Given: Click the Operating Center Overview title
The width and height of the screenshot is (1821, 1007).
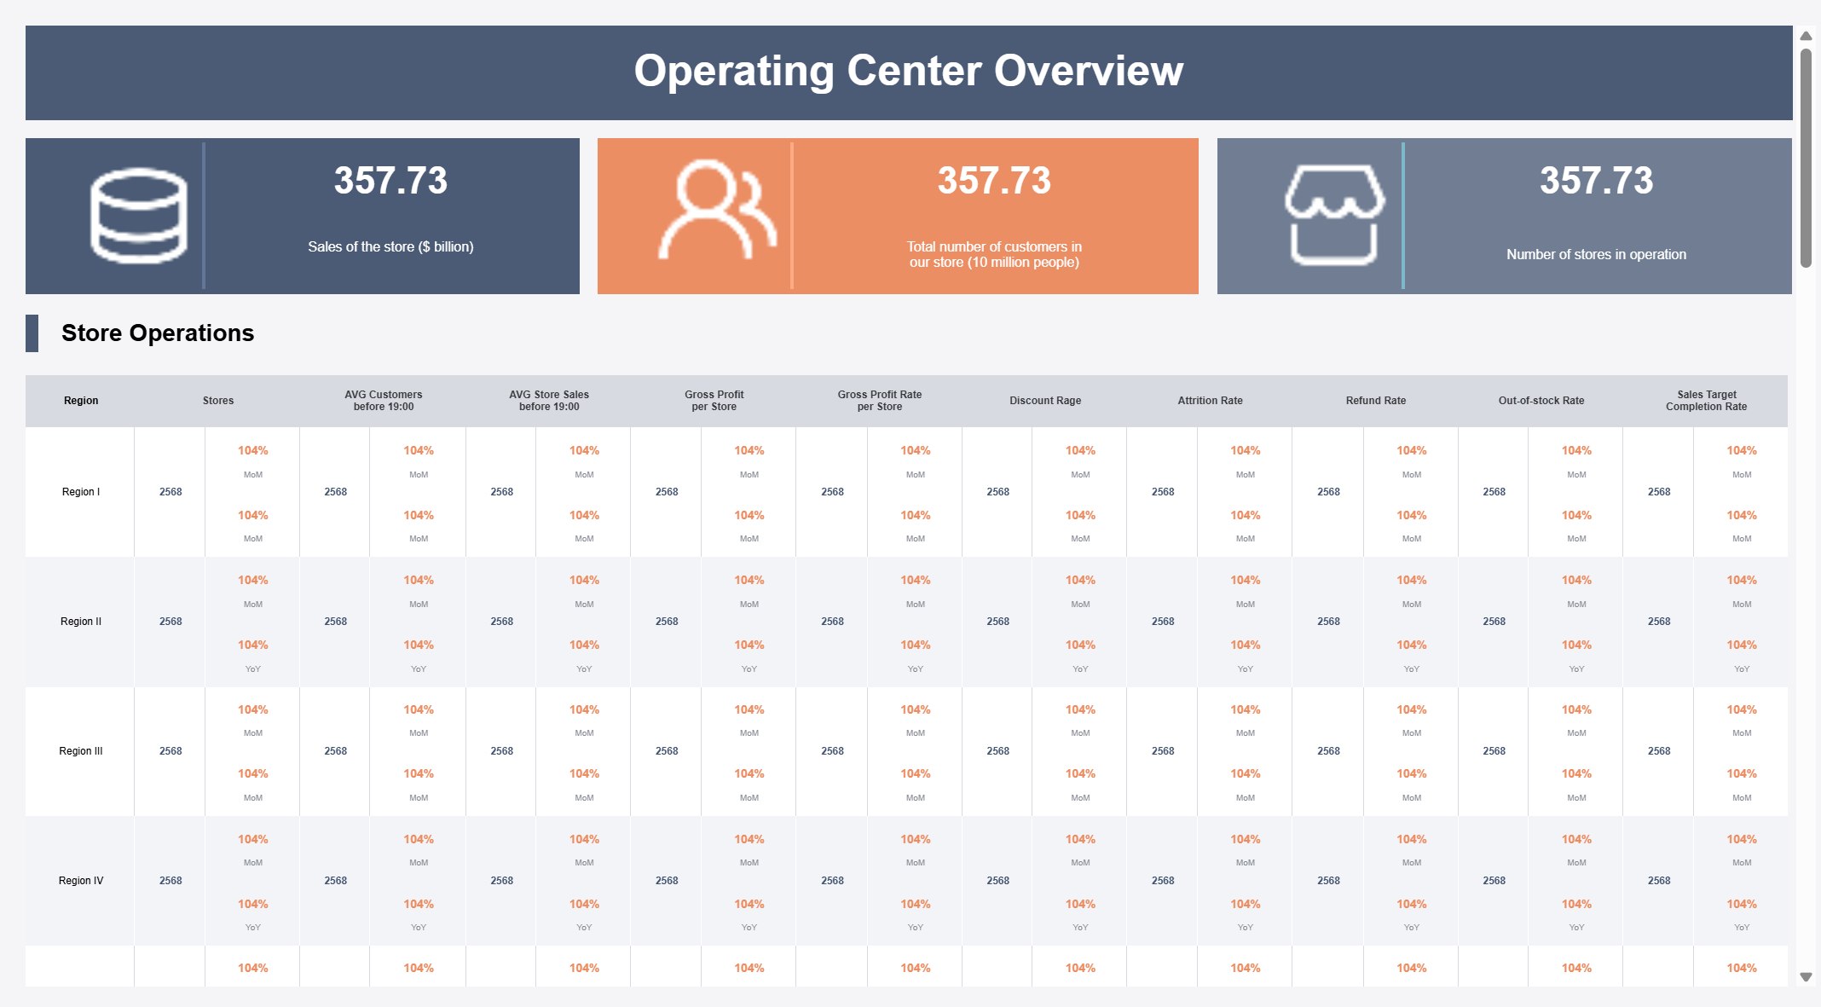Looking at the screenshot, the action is coord(908,71).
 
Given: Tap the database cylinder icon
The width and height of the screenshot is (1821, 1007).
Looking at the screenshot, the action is coord(139,216).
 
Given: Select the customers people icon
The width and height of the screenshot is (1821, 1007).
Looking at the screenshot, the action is coord(717,210).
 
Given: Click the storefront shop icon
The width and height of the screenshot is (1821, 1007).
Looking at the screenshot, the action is coord(1334,215).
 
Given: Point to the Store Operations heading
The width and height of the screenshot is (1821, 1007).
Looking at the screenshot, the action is coord(158,333).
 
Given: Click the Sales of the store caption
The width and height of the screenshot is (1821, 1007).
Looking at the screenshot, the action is coord(390,246).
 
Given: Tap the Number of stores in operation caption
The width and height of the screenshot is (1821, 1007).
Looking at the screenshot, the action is coord(1596,254).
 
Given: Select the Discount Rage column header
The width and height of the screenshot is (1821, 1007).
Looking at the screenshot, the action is coord(1045,401).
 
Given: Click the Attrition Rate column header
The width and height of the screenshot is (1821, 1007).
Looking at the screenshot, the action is coord(1210,401).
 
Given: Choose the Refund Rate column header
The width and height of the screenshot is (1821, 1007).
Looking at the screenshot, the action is coord(1376,401).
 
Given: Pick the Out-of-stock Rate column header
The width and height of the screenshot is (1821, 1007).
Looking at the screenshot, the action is coord(1541,401).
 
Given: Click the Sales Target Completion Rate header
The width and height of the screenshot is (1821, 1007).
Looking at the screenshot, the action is coord(1707,401).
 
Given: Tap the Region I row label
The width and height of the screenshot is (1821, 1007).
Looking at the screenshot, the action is coord(81,492).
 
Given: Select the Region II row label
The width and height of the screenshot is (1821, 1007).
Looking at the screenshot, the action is coord(81,622).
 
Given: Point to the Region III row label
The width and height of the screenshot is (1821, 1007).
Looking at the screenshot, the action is coord(81,751).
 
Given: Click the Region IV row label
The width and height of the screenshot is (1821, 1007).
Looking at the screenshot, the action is coord(81,881).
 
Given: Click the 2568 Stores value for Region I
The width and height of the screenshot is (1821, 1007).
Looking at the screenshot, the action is coord(171,492).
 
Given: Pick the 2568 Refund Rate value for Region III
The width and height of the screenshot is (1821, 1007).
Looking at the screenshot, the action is coord(1328,751).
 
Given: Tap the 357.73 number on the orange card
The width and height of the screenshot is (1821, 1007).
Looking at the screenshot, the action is coord(994,181).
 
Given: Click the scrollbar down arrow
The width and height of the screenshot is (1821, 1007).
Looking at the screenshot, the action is coord(1806,977).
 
